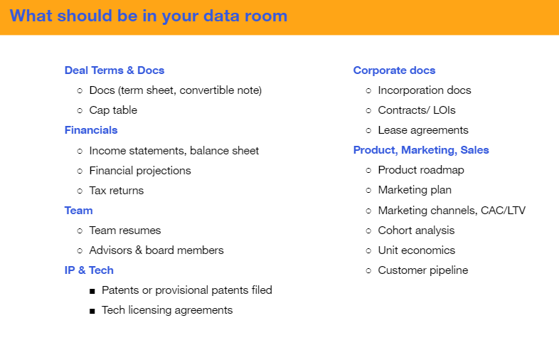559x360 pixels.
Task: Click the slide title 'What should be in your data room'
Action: (x=149, y=16)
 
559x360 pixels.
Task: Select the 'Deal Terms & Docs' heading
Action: (x=115, y=70)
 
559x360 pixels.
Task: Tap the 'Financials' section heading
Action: (x=91, y=130)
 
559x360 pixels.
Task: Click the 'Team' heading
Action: (x=78, y=211)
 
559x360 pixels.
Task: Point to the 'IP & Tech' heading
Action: (x=89, y=270)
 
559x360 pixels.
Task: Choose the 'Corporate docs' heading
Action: (x=394, y=70)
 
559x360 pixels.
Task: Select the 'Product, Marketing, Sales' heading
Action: (x=421, y=150)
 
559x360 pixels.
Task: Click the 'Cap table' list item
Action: (x=113, y=110)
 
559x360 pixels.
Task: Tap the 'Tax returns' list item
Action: (x=116, y=191)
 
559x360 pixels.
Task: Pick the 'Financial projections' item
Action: (x=140, y=171)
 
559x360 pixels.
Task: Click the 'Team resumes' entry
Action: (x=124, y=231)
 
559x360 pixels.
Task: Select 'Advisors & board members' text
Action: (x=156, y=250)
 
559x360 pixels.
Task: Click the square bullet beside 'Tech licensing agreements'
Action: (x=92, y=311)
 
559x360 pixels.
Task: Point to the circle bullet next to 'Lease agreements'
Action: (x=368, y=131)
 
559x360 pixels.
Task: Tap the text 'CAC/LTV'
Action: (x=503, y=211)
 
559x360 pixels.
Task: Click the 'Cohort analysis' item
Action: (x=416, y=231)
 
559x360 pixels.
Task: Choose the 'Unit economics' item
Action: (x=416, y=250)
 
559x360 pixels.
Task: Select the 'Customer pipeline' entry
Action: (x=423, y=270)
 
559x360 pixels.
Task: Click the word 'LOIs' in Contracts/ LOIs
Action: (x=444, y=110)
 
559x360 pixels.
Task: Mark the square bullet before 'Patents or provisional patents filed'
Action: (x=92, y=291)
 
